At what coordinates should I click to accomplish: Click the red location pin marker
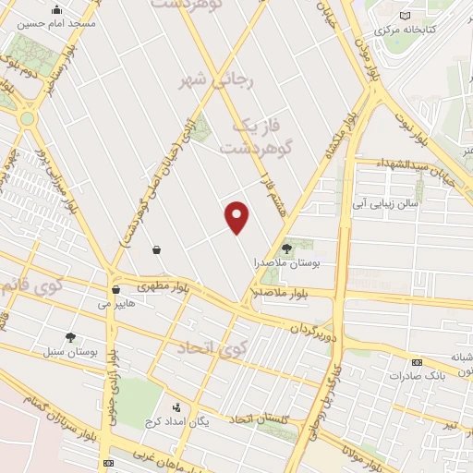tap(237, 217)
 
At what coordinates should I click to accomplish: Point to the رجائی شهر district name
tap(213, 81)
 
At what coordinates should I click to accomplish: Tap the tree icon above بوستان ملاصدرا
tap(286, 248)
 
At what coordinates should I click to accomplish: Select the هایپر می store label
tap(116, 301)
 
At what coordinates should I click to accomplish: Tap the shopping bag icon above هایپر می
tap(115, 288)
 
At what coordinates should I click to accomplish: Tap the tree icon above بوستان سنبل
tap(71, 337)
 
